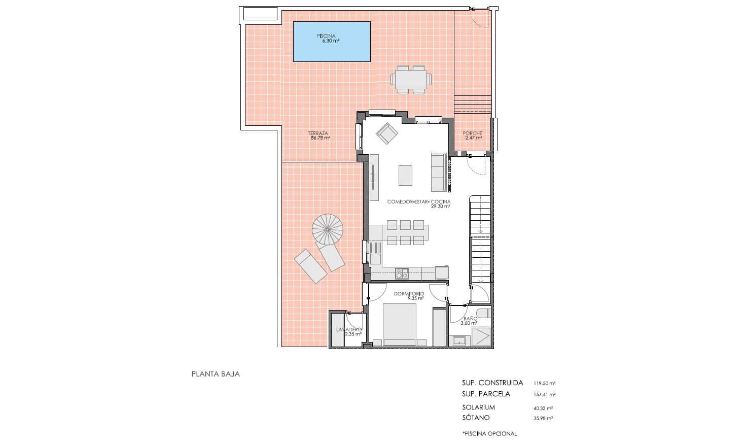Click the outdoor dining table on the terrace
411,80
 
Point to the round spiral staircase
327,229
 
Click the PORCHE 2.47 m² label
472,135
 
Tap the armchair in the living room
387,133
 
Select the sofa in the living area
438,172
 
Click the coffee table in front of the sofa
405,176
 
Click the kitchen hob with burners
402,273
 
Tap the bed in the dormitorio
400,325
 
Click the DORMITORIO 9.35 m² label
409,296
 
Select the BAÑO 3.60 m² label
469,321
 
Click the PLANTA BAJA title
216,374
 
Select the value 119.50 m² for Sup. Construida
544,383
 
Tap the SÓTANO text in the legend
476,418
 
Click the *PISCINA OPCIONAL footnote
489,433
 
